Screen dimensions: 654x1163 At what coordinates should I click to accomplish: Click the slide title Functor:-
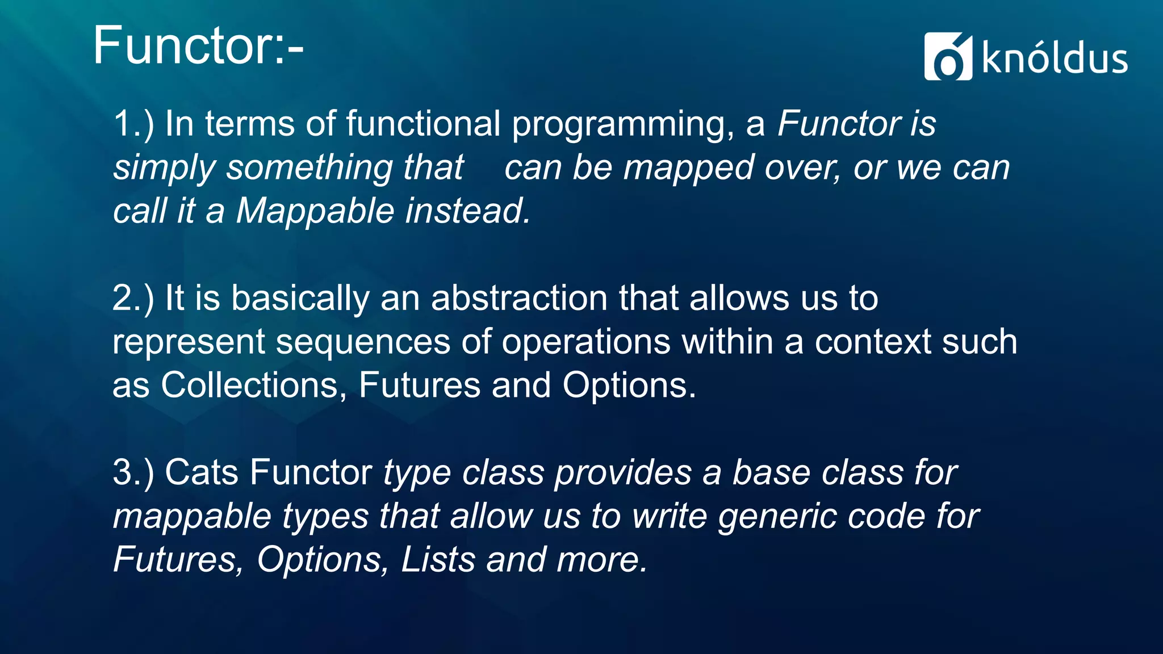[x=198, y=45]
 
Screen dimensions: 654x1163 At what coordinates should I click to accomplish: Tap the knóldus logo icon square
[x=948, y=57]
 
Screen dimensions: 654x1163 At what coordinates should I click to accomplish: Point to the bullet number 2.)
[x=133, y=298]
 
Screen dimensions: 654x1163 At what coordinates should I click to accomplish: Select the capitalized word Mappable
[x=315, y=211]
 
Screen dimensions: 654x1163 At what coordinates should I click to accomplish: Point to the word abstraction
[x=519, y=298]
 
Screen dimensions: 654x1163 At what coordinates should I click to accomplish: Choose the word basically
[x=300, y=299]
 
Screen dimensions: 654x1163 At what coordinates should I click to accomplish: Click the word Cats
[x=201, y=472]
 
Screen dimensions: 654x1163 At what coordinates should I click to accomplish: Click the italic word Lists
[x=438, y=560]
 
